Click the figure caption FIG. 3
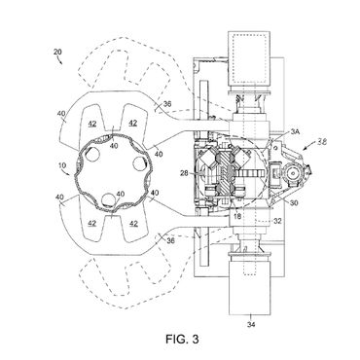(182, 340)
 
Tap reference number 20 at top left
(57, 52)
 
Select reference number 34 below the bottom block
(251, 324)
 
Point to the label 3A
(295, 131)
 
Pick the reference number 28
(184, 173)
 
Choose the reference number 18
(237, 216)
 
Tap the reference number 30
(294, 203)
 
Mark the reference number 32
(277, 221)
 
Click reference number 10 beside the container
(61, 165)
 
